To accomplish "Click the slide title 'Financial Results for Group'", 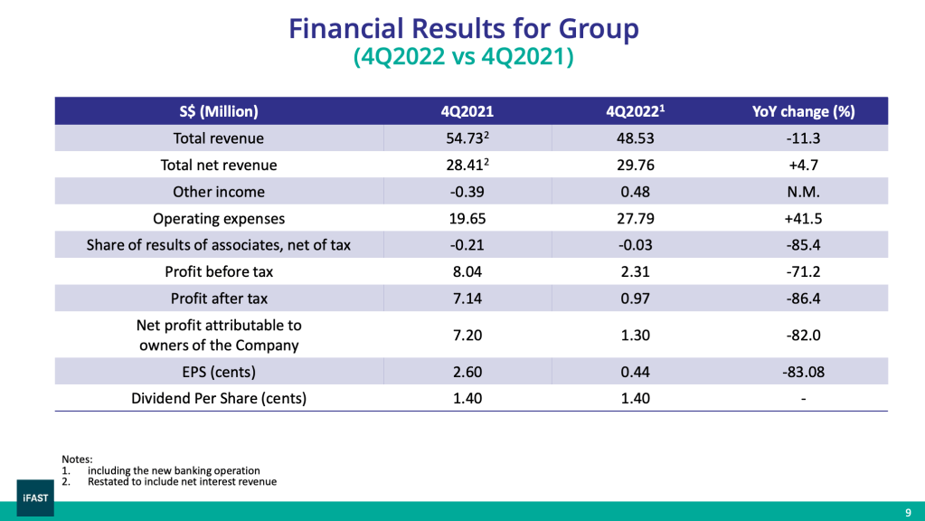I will click(463, 29).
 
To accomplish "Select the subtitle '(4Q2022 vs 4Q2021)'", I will click(463, 57).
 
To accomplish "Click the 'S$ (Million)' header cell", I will click(219, 112).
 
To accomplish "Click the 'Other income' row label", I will click(219, 192).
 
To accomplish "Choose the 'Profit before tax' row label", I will click(219, 271).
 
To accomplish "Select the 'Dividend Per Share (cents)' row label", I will click(219, 398).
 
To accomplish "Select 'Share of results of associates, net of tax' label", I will click(219, 244).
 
